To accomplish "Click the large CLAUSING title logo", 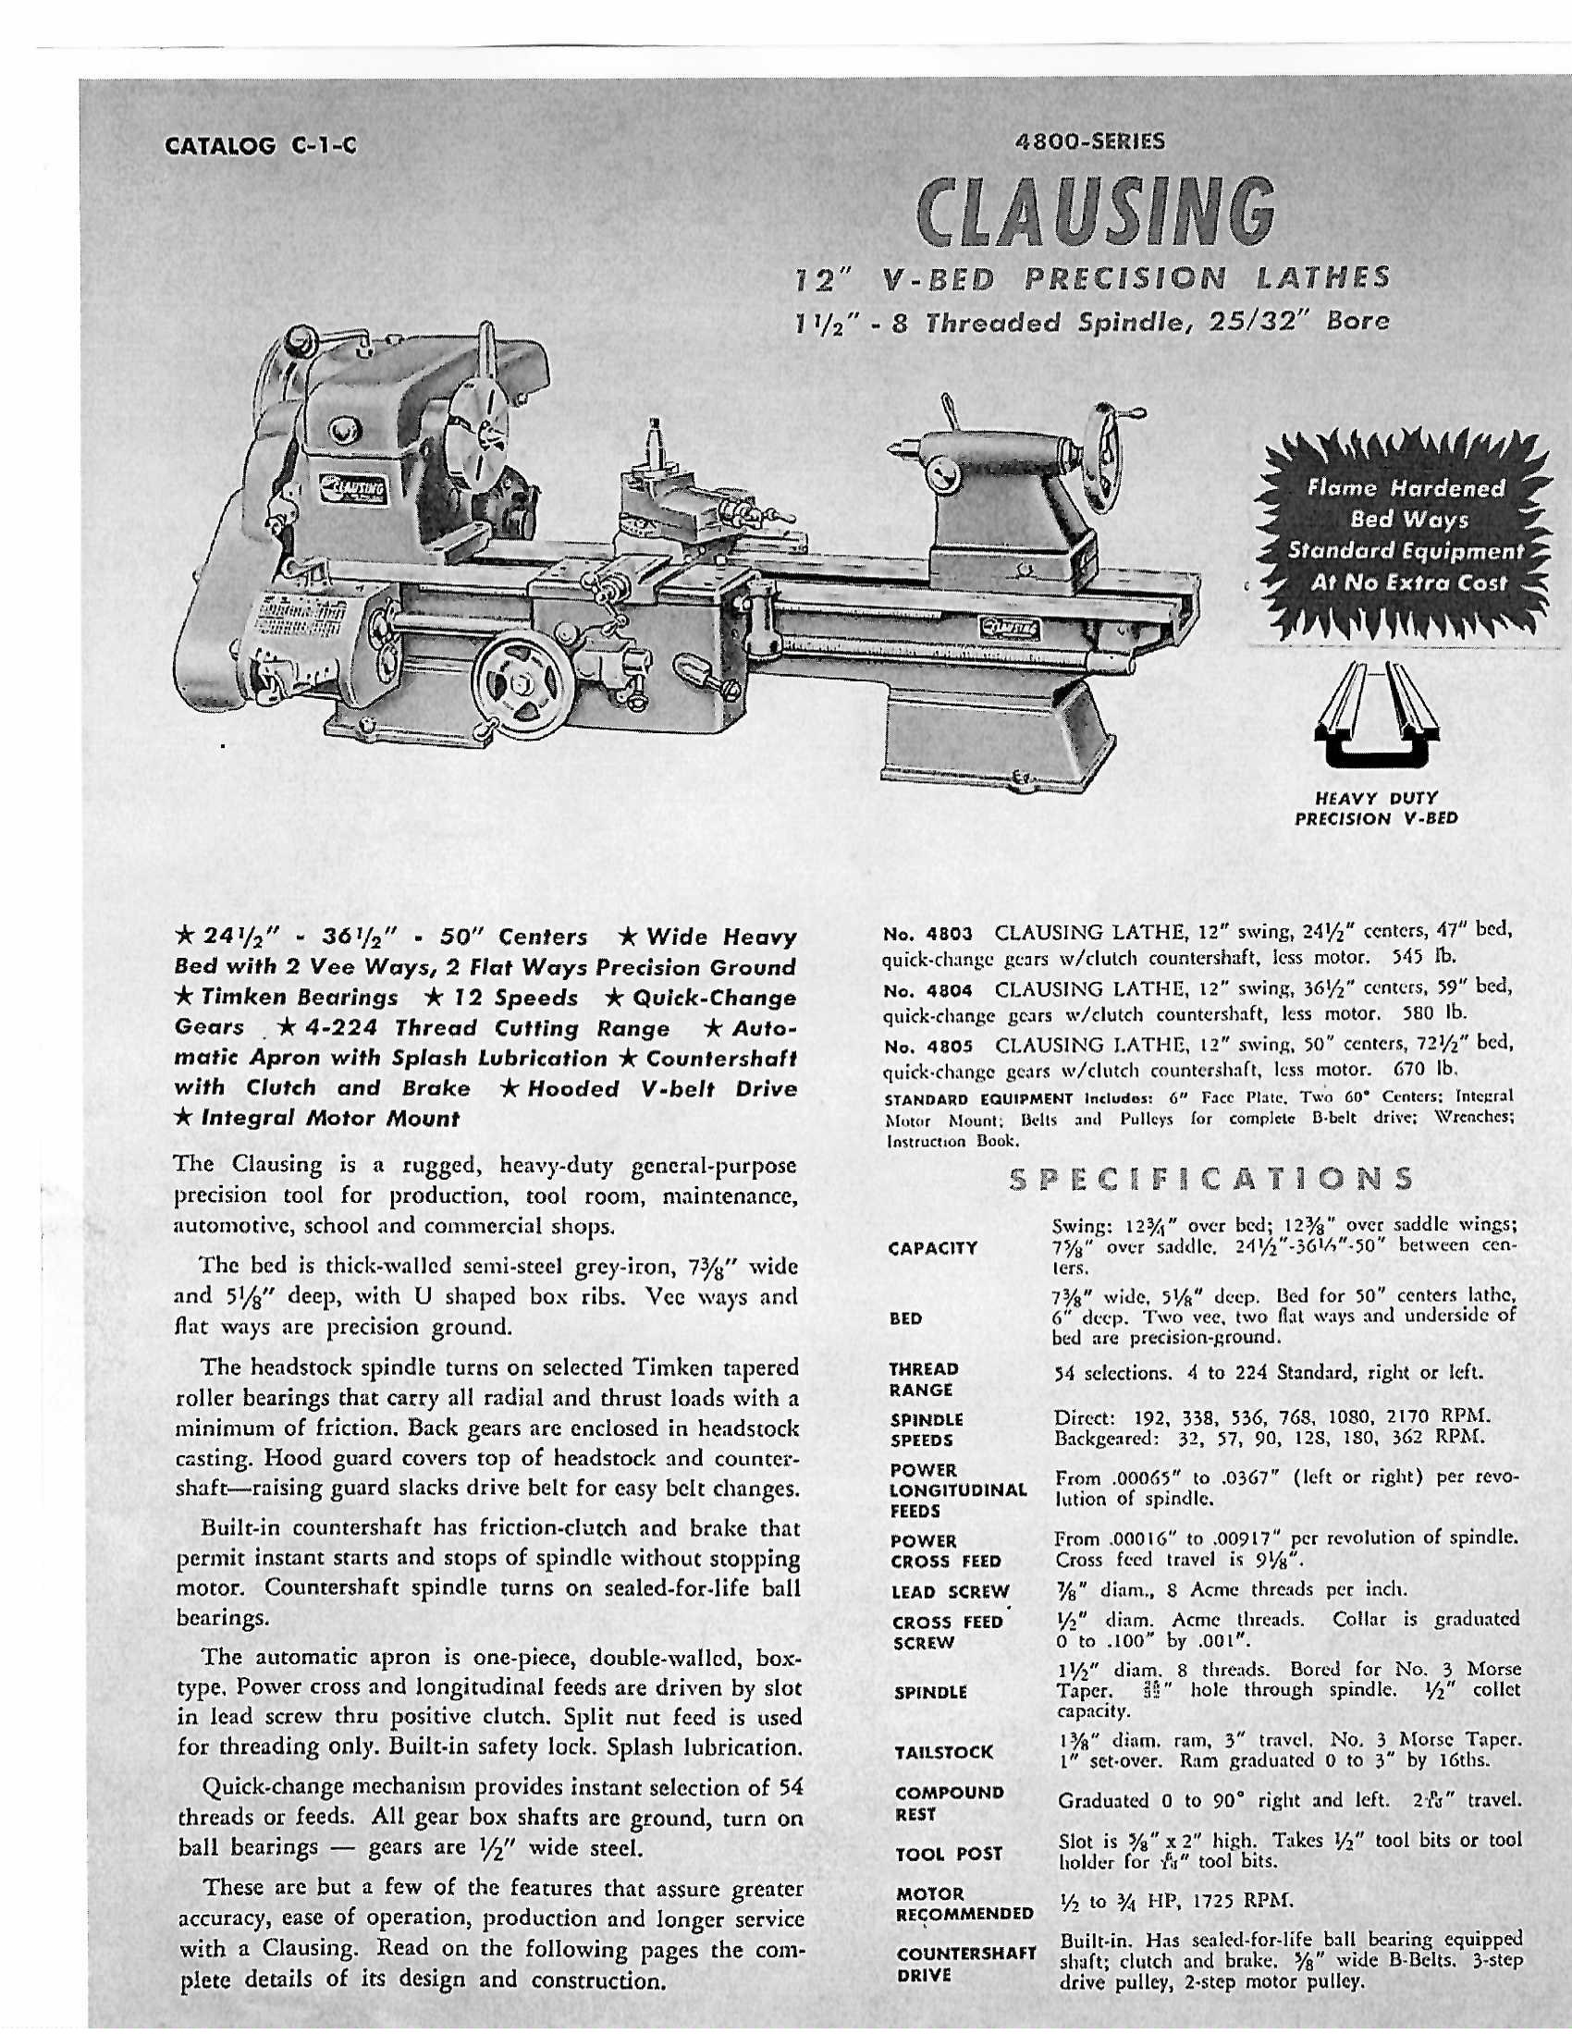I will click(1095, 207).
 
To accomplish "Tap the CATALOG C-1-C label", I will click(260, 145).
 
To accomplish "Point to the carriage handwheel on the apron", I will click(519, 682).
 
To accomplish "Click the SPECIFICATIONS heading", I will click(1211, 1179).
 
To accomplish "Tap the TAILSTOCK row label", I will click(943, 1752).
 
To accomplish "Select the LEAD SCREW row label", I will click(949, 1592).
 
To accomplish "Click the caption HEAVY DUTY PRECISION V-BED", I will click(1376, 808).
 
